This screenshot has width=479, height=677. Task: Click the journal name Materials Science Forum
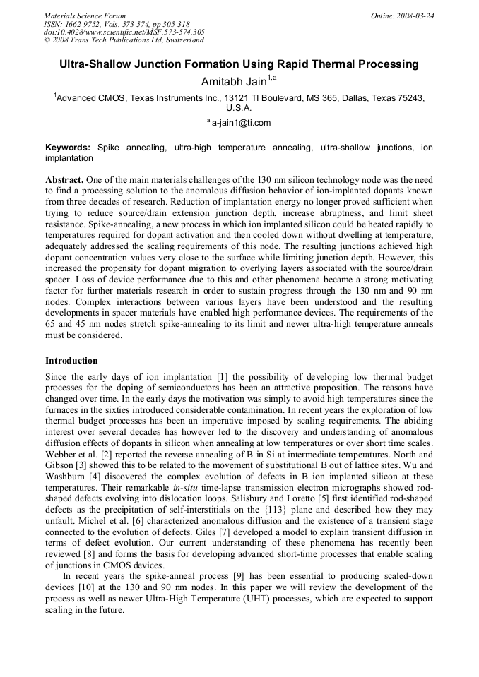[x=85, y=16]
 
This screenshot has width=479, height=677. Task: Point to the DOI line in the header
[x=124, y=32]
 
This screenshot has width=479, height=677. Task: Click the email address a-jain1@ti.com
[x=241, y=123]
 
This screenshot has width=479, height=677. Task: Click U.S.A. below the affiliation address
[x=239, y=108]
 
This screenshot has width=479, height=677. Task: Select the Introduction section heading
[x=74, y=359]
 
